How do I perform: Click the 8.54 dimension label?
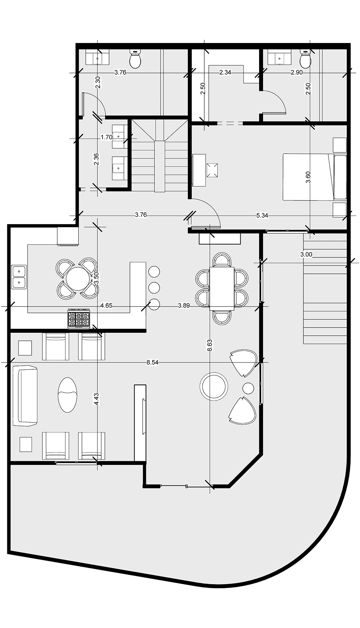(x=153, y=362)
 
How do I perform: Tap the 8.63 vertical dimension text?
(x=210, y=346)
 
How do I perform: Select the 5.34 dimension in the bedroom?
(x=262, y=215)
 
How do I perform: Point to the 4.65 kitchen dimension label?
(x=106, y=305)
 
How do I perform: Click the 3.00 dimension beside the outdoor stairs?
(x=306, y=254)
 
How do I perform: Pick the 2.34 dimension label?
(x=225, y=73)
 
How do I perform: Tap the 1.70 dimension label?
(x=106, y=137)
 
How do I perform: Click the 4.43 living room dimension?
(x=96, y=399)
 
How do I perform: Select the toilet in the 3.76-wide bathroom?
(x=135, y=60)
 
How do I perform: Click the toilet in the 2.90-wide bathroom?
(x=305, y=60)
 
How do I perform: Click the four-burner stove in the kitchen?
(x=78, y=319)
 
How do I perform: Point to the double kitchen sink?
(x=19, y=277)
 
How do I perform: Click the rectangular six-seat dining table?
(x=221, y=287)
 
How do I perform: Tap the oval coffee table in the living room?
(x=67, y=395)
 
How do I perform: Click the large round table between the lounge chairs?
(x=214, y=386)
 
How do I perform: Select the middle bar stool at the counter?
(x=154, y=287)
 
